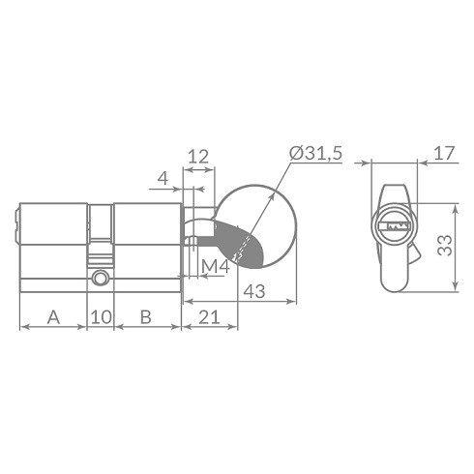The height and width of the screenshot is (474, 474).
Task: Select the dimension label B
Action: (x=145, y=316)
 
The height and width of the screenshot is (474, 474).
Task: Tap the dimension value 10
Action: (x=101, y=316)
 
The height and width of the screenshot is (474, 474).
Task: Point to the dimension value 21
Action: (x=207, y=316)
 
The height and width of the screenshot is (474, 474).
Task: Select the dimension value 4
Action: (x=163, y=178)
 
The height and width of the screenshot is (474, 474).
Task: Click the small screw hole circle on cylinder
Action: (x=100, y=280)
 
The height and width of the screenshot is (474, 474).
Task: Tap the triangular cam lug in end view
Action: (x=416, y=257)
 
